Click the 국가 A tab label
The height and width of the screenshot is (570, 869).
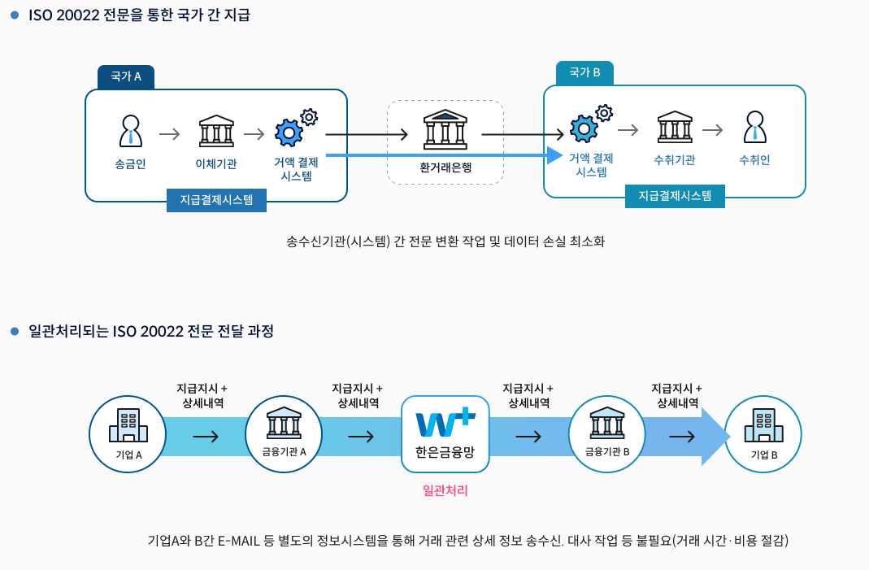click(x=126, y=76)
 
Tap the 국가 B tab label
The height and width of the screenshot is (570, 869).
click(x=584, y=72)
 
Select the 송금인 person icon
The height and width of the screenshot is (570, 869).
click(x=130, y=131)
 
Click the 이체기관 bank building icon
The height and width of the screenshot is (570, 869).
click(x=216, y=132)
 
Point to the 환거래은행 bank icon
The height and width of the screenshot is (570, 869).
click(x=445, y=128)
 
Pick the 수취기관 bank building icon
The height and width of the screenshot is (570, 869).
click(x=675, y=128)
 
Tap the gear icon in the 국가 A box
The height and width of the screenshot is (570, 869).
click(x=295, y=127)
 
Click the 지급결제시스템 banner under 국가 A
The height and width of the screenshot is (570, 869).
click(x=216, y=199)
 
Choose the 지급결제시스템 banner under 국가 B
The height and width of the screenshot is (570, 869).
click(x=675, y=195)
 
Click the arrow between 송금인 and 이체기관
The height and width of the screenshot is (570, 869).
click(x=169, y=133)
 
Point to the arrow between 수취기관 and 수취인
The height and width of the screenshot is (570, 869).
click(x=713, y=129)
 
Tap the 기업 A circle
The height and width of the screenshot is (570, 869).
click(x=127, y=434)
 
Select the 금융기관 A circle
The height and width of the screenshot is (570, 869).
click(x=283, y=434)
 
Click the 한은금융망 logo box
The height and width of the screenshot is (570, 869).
click(x=445, y=433)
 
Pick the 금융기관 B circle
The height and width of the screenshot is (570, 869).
click(x=606, y=434)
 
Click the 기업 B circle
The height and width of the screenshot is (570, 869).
click(x=763, y=434)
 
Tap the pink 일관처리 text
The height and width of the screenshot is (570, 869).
click(x=445, y=490)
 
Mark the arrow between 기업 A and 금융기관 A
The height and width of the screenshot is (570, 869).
click(x=206, y=437)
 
